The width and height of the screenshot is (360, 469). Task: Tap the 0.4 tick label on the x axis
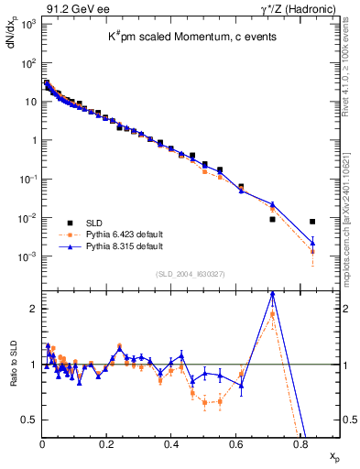(171, 444)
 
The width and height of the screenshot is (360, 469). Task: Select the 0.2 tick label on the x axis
(107, 444)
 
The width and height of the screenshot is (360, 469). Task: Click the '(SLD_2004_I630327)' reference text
(189, 274)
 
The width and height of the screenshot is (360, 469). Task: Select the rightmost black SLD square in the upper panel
(312, 222)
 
